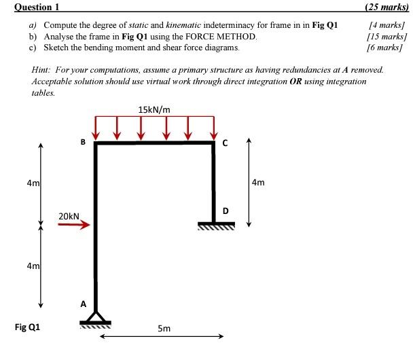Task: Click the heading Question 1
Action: [32, 7]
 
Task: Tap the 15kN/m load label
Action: [154, 109]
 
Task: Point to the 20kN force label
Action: [69, 216]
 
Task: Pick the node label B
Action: [83, 143]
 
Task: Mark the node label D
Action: [225, 211]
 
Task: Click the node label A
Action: [84, 304]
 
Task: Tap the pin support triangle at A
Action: [96, 317]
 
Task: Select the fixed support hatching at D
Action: [216, 228]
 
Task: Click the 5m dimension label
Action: [164, 329]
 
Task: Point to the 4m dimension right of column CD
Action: [258, 182]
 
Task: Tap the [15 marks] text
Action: [386, 37]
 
